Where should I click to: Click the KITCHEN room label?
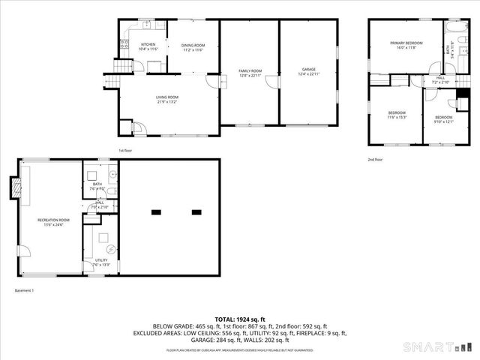(148, 45)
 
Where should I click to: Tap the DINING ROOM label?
(193, 46)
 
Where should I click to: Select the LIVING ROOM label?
(166, 97)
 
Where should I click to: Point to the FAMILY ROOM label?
(250, 70)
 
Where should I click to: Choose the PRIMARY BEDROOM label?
(406, 43)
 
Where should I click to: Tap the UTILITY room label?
(100, 259)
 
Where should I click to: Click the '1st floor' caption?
(126, 150)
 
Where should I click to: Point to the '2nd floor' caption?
(375, 159)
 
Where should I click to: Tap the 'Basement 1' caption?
(25, 290)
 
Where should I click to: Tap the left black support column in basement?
(156, 212)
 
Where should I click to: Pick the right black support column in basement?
(197, 212)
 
